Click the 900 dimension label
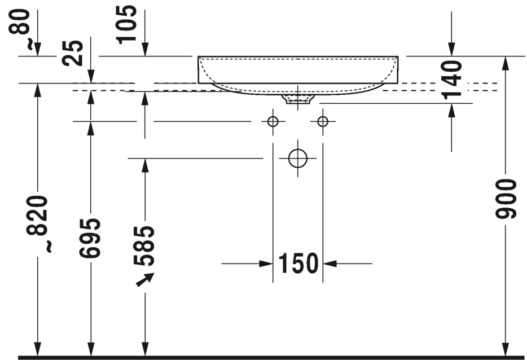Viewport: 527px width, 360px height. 506,199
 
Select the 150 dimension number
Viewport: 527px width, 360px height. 298,263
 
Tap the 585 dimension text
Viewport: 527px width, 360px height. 144,246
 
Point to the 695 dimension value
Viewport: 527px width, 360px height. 90,238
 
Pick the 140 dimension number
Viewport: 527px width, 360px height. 452,80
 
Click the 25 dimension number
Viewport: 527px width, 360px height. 73,53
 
